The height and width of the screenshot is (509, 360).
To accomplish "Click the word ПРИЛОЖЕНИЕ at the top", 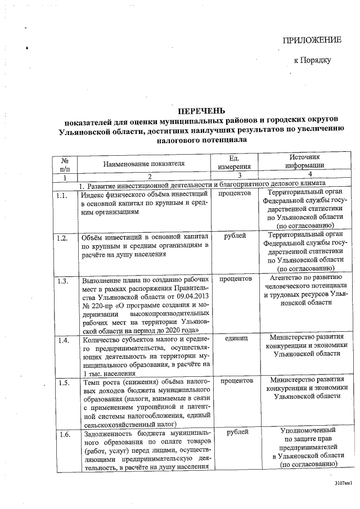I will [311, 39].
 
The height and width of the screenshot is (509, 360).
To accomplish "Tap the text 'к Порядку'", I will [312, 60].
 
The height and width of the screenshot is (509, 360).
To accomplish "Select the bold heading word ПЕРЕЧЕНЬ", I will [201, 110].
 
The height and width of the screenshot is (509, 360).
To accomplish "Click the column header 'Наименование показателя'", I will [144, 164].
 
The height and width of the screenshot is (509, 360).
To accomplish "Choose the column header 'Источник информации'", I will [304, 162].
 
